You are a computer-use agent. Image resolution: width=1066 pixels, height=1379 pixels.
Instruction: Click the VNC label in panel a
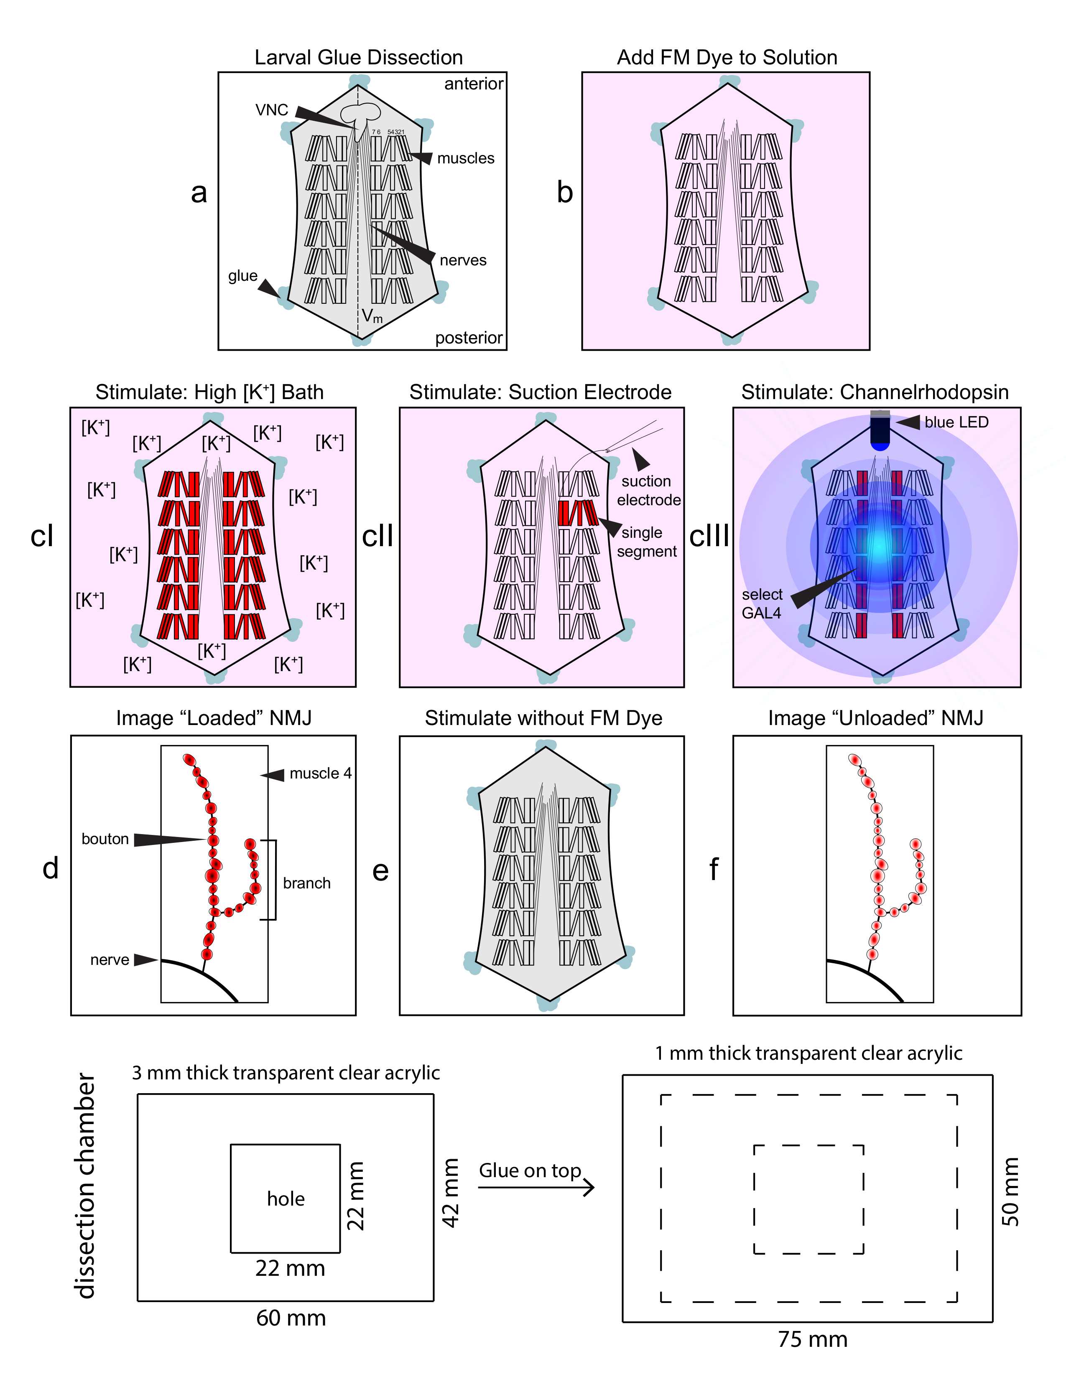tap(272, 110)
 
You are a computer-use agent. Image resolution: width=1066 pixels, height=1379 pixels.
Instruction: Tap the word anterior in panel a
tap(474, 84)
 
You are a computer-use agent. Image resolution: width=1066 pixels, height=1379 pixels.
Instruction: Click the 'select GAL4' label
tap(762, 604)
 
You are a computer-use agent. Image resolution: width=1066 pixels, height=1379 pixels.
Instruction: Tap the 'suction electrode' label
tap(648, 491)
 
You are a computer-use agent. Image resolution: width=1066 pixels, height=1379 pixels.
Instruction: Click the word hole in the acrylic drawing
tap(286, 1198)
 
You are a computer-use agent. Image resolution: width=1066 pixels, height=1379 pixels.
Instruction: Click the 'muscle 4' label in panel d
tap(320, 773)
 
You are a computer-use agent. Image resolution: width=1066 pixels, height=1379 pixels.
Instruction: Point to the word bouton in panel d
tap(105, 839)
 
